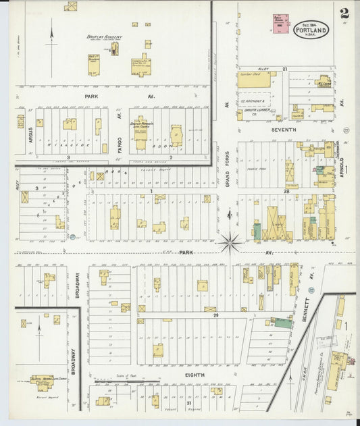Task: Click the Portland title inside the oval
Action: [311, 32]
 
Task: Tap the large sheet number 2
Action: [344, 13]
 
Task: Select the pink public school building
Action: [278, 23]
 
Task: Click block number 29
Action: [216, 315]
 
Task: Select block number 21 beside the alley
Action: [285, 69]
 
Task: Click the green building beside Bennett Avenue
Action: [282, 323]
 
